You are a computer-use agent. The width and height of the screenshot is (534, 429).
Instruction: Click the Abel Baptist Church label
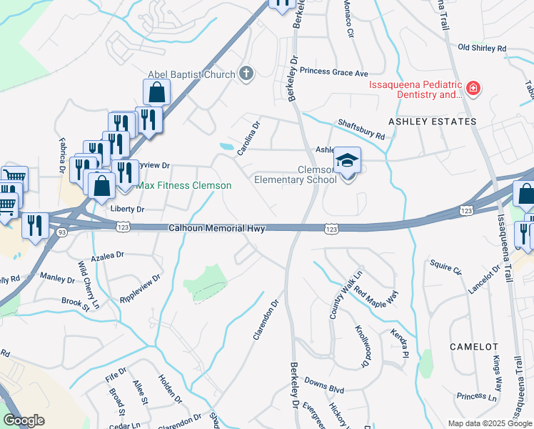pos(191,74)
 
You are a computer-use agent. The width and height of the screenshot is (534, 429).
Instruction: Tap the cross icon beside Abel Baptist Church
pos(246,73)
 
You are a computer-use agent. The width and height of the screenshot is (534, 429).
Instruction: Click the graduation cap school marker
pos(348,161)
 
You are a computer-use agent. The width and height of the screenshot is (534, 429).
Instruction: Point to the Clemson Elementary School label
pos(296,175)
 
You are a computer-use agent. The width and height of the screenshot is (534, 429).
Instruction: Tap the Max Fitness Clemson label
pos(184,186)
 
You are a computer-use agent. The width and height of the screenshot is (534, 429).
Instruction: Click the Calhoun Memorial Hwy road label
pos(217,229)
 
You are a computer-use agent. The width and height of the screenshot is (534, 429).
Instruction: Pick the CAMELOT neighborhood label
pos(474,346)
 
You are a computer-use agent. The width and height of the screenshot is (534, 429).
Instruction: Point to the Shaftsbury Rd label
pos(361,129)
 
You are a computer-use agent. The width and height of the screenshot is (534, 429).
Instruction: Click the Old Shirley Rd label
pos(482,48)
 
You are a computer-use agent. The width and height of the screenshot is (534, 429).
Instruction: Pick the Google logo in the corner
pos(24,420)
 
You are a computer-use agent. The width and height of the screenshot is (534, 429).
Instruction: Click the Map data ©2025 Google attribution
pos(489,423)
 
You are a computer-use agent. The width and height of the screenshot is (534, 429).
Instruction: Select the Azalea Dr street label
pos(108,254)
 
